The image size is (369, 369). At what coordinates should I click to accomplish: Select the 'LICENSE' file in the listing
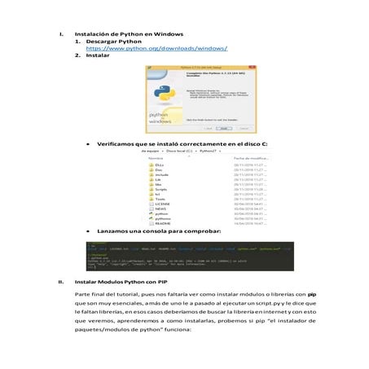pos(165,204)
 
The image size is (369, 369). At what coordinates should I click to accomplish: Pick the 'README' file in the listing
pos(165,224)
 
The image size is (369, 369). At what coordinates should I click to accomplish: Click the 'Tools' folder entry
pos(161,200)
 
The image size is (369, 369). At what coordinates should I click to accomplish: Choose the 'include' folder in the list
pos(162,174)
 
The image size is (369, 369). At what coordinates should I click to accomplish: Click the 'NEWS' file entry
pos(161,209)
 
